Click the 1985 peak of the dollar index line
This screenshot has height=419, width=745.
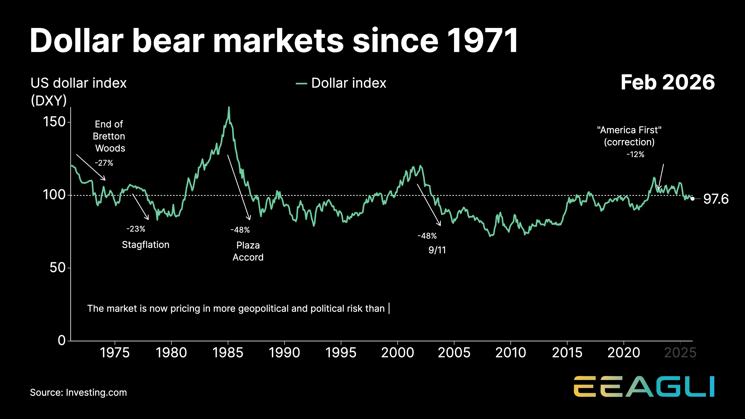(x=229, y=108)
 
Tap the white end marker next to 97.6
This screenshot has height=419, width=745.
(x=693, y=199)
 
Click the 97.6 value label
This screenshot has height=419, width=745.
(x=716, y=199)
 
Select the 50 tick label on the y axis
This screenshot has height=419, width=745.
(x=58, y=268)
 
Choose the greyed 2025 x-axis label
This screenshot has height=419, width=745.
(x=680, y=352)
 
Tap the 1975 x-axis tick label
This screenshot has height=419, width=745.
(x=115, y=352)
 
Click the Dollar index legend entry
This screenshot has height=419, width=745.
(x=341, y=83)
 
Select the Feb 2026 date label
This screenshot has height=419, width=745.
(x=667, y=82)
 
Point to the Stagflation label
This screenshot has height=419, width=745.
(x=146, y=245)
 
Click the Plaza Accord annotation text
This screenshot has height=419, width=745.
(x=248, y=251)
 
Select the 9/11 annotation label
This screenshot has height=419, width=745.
(x=437, y=250)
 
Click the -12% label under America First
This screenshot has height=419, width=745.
(x=635, y=154)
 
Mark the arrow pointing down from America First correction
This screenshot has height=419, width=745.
(x=661, y=176)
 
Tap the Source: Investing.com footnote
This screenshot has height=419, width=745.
(x=78, y=392)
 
